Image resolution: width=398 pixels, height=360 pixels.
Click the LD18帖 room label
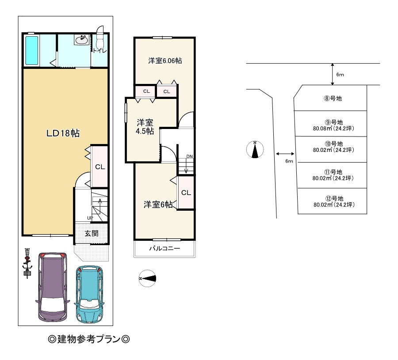coord(63,133)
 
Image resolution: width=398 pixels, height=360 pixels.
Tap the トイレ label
coord(100,50)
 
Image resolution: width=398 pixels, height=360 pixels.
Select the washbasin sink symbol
coord(81,39)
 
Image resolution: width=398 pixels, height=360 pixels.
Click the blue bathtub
coord(32,50)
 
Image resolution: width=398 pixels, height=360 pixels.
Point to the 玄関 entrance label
coord(92,233)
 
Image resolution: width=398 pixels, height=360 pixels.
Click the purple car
coord(53,287)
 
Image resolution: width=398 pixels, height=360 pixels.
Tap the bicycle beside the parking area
coord(27,263)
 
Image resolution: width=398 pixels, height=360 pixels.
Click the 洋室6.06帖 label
coord(165,61)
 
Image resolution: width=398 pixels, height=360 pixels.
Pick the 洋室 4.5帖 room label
coord(145,127)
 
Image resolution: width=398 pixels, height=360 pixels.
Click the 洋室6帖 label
coord(158,205)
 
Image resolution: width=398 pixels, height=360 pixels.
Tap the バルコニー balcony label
coord(165,248)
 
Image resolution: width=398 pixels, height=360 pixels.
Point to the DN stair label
coord(190,156)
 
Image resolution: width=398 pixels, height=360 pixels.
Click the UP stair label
coord(90,218)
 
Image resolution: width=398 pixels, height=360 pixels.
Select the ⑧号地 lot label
coord(333,99)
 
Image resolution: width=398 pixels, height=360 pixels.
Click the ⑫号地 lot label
coord(334,198)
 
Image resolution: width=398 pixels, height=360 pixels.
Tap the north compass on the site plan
coord(255,149)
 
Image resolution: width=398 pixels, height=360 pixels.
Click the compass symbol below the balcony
coord(147,278)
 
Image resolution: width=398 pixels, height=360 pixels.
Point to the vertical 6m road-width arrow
coord(333,74)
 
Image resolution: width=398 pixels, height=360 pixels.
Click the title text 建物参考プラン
coord(89,339)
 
